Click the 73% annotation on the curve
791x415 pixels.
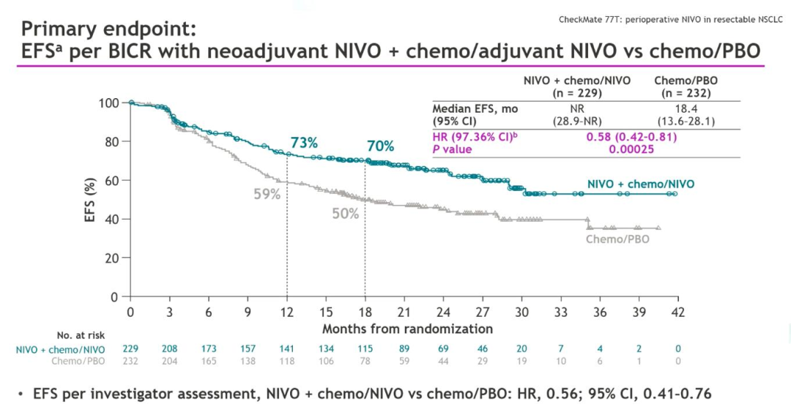pos(303,143)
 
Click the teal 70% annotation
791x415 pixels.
pos(381,146)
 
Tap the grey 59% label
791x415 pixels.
pos(267,194)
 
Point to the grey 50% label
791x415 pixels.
pos(345,214)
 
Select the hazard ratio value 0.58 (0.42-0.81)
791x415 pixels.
pos(631,137)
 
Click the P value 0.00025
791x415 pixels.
pos(631,149)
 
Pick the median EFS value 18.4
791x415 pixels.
pos(686,108)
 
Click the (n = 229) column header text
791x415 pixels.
pos(576,93)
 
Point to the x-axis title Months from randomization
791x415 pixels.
pos(407,329)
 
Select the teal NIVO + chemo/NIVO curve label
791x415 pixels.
pos(641,184)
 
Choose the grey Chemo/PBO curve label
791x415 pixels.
pos(617,239)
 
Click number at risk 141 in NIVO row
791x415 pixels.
pos(286,349)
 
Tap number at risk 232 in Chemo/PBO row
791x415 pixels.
pos(130,361)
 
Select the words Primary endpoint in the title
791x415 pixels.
pos(108,29)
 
